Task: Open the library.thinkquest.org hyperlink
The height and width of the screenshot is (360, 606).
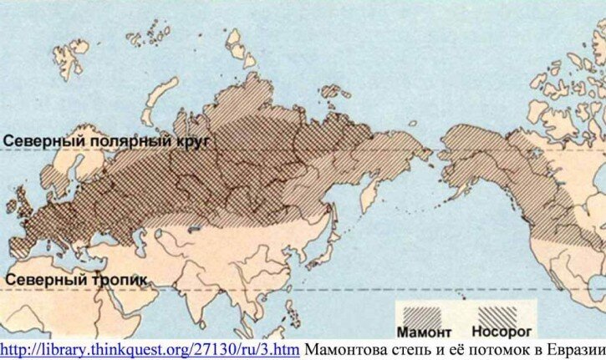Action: point(150,349)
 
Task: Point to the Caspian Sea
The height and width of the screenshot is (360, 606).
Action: point(134,239)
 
